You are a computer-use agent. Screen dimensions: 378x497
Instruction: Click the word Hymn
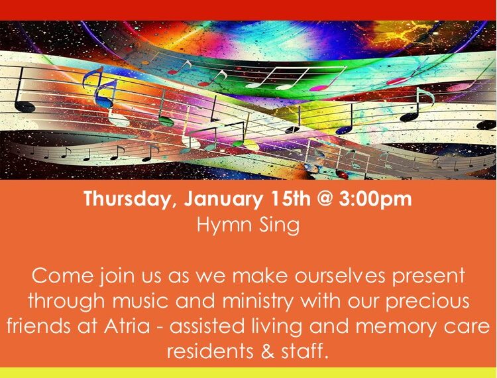(x=223, y=224)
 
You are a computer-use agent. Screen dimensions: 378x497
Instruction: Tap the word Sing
(x=278, y=224)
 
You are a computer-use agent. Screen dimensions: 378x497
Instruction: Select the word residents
(x=211, y=351)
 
